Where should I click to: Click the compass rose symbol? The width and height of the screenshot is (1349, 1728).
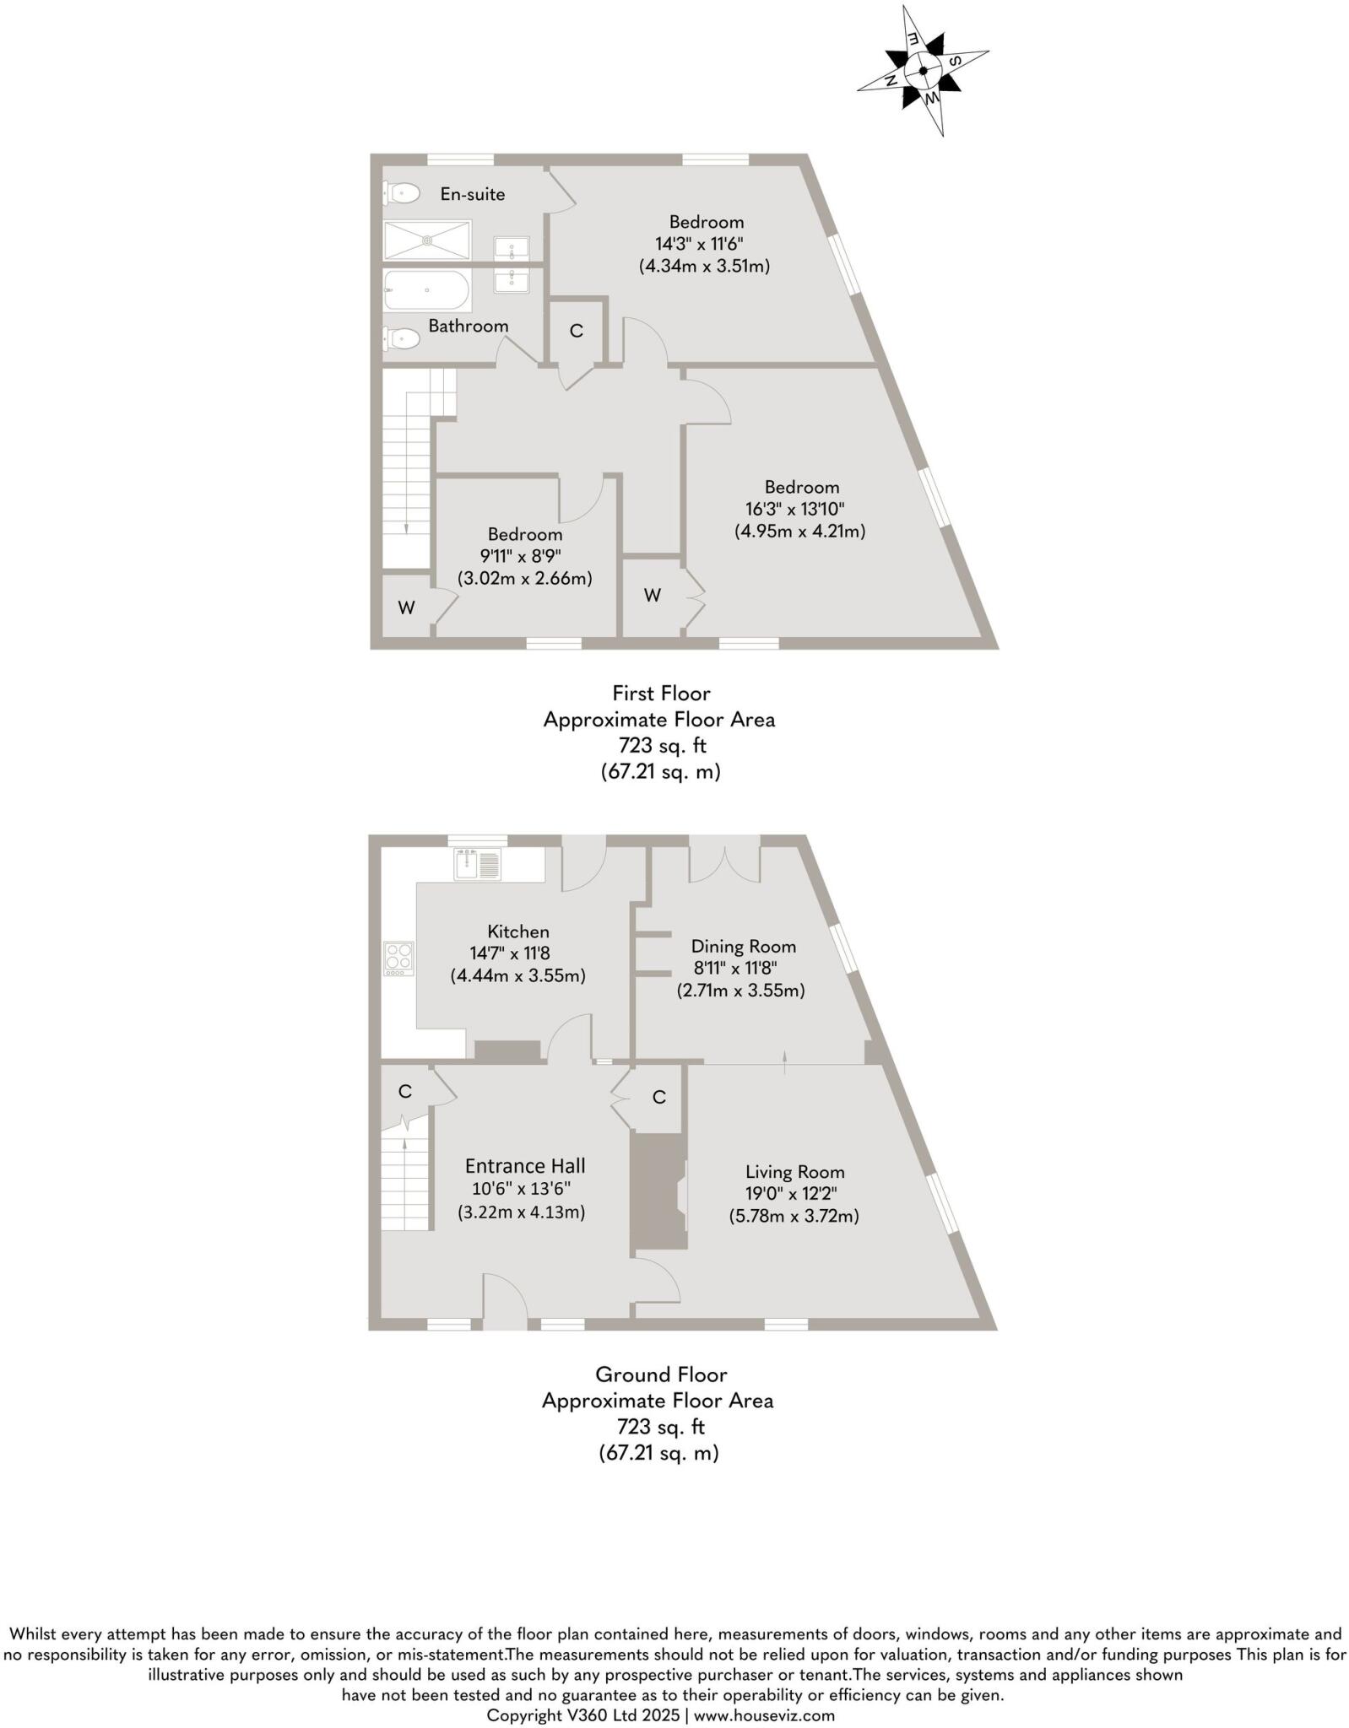[x=923, y=70]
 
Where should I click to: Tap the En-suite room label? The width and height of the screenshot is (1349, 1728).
[x=473, y=194]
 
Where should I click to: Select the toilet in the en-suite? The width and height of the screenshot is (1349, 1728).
[x=402, y=194]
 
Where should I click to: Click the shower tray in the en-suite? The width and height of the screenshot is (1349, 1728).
[x=427, y=240]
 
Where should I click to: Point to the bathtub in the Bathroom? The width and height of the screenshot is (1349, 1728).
[x=427, y=290]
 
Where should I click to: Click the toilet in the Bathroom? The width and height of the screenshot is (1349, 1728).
[x=402, y=338]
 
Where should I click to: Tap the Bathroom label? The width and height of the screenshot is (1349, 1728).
[x=468, y=326]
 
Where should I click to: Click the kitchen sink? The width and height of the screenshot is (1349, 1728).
[x=478, y=864]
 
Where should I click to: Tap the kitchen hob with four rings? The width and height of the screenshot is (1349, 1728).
[x=399, y=958]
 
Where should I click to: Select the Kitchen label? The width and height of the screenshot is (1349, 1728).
[x=518, y=931]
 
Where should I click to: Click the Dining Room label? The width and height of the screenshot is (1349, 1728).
[x=743, y=946]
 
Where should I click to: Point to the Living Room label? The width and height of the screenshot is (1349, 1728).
[x=794, y=1171]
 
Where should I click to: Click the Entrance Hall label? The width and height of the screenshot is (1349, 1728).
[x=525, y=1165]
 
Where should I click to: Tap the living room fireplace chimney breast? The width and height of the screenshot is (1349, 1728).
[x=658, y=1191]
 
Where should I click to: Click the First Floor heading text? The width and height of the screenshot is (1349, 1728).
[x=661, y=693]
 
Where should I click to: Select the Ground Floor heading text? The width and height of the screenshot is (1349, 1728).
[x=661, y=1374]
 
